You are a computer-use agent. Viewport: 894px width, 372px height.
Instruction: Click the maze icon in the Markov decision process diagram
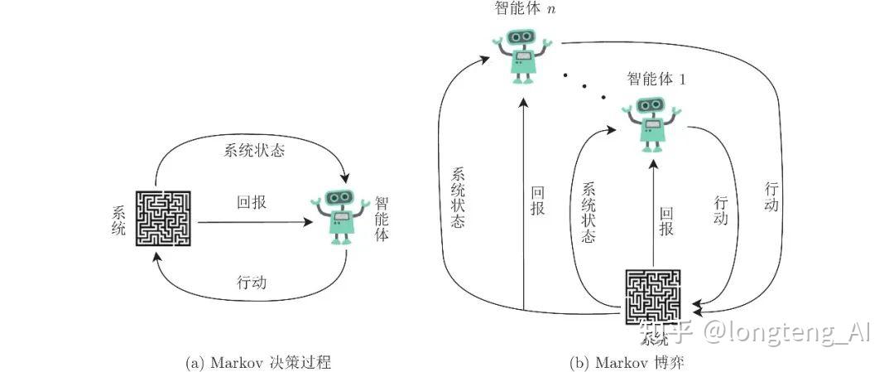click(164, 219)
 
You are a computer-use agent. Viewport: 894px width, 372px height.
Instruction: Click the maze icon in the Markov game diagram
click(651, 297)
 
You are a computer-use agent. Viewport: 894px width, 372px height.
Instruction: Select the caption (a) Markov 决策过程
click(260, 362)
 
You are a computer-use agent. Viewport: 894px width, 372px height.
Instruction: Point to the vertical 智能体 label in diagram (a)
click(382, 218)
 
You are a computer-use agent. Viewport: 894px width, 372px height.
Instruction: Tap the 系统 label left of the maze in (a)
click(118, 219)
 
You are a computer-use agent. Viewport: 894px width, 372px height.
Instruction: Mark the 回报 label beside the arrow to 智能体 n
click(537, 201)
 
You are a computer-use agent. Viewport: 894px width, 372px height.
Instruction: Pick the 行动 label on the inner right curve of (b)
click(720, 210)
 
